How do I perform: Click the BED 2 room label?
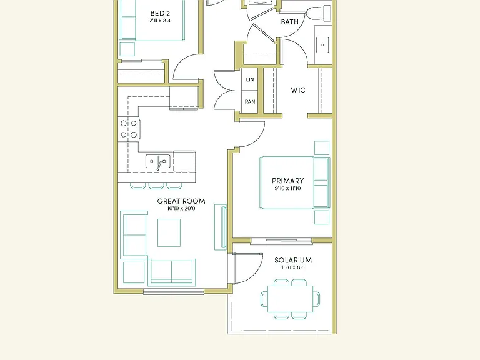pyautogui.click(x=160, y=14)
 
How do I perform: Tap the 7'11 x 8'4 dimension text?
pyautogui.click(x=160, y=21)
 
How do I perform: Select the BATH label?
pyautogui.click(x=289, y=22)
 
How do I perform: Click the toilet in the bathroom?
pyautogui.click(x=319, y=13)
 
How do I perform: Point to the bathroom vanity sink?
pyautogui.click(x=322, y=45)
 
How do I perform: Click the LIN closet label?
pyautogui.click(x=250, y=79)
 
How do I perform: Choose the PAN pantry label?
pyautogui.click(x=250, y=102)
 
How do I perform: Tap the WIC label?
pyautogui.click(x=298, y=90)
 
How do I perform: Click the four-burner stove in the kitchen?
pyautogui.click(x=129, y=129)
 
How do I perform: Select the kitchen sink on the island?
pyautogui.click(x=158, y=161)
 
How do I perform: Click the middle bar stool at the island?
pyautogui.click(x=156, y=186)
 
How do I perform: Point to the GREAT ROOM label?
pyautogui.click(x=181, y=201)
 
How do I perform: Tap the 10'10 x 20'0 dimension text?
pyautogui.click(x=181, y=209)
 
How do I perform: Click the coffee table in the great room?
pyautogui.click(x=169, y=232)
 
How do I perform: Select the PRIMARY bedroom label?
pyautogui.click(x=287, y=181)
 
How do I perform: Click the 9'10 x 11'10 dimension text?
pyautogui.click(x=287, y=189)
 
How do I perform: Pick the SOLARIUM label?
pyautogui.click(x=293, y=260)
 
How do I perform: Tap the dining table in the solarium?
pyautogui.click(x=290, y=299)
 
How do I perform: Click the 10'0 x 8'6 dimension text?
pyautogui.click(x=293, y=267)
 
